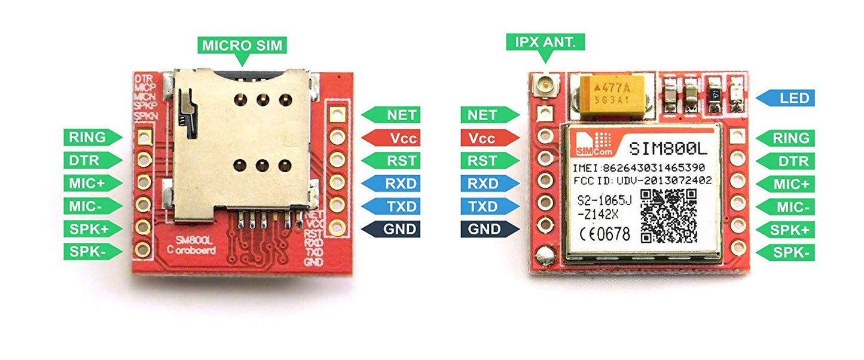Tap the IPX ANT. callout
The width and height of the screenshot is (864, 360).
click(x=545, y=42)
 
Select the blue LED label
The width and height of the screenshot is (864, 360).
click(x=785, y=97)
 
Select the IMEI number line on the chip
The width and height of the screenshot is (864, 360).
click(x=639, y=167)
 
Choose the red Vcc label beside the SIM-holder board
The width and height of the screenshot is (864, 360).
click(x=391, y=138)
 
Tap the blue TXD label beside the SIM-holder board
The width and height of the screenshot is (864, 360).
click(x=391, y=206)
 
